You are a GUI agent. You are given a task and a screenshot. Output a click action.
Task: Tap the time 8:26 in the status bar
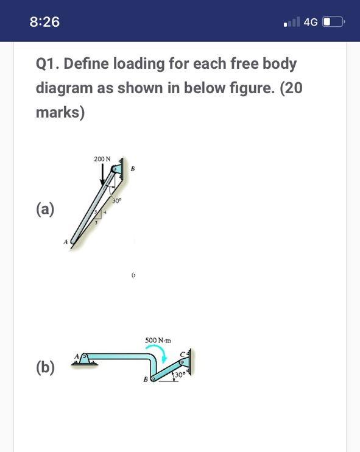(x=44, y=22)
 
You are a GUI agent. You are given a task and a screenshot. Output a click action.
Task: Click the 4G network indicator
(x=310, y=23)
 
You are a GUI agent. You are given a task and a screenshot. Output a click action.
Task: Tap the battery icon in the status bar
(x=333, y=23)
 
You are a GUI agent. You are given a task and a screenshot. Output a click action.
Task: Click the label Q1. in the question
(x=48, y=63)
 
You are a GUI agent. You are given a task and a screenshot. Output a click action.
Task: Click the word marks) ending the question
(x=60, y=113)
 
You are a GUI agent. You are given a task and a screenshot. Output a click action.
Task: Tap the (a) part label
(x=44, y=209)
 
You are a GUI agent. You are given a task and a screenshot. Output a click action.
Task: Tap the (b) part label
(x=44, y=367)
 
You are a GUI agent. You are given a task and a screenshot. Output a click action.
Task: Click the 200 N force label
(x=102, y=159)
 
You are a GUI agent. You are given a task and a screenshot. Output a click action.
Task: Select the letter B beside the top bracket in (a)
(x=132, y=169)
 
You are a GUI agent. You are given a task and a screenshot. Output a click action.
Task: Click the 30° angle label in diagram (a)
(x=117, y=200)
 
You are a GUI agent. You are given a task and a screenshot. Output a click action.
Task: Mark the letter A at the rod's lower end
(x=65, y=242)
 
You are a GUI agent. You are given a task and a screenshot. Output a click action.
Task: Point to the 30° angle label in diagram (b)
(x=179, y=375)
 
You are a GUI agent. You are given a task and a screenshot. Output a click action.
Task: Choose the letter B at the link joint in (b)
(x=145, y=380)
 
